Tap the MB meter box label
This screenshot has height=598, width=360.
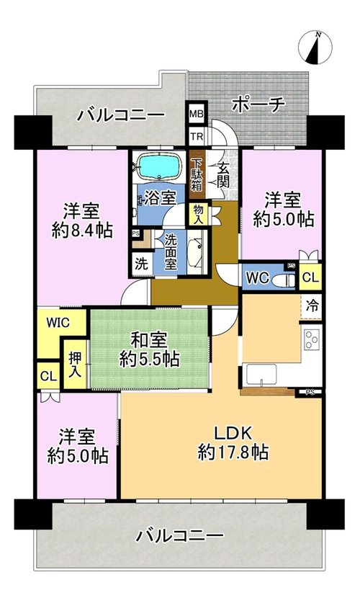[x=197, y=114]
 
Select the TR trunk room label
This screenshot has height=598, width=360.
[x=197, y=136]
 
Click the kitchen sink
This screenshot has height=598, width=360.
[x=261, y=375]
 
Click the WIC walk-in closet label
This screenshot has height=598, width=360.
[x=58, y=323]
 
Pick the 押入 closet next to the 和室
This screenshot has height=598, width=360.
[x=75, y=365]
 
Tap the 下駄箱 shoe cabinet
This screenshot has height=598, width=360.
[x=197, y=174]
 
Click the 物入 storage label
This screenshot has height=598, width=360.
[x=199, y=214]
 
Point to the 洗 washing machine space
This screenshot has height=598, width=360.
[x=142, y=264]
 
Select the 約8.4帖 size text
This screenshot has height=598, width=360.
[x=82, y=231]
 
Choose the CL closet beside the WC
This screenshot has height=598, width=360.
[x=310, y=277]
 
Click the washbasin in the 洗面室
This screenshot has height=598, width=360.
[x=197, y=251]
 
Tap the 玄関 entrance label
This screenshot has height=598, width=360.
[x=223, y=175]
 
